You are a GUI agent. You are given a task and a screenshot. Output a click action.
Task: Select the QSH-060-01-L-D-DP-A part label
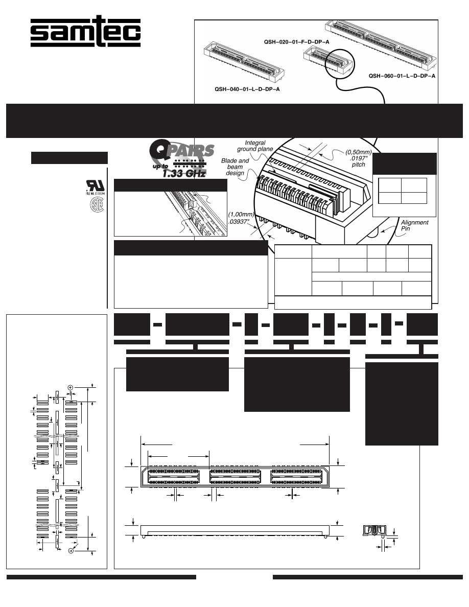pyautogui.click(x=402, y=76)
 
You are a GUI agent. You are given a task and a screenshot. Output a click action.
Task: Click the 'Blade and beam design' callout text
pyautogui.click(x=235, y=167)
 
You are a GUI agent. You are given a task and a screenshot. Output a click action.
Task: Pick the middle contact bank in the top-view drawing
pyautogui.click(x=235, y=477)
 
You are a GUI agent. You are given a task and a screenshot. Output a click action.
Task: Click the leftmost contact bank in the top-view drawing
pyautogui.click(x=174, y=477)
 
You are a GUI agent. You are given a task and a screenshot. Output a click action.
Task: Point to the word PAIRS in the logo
pyautogui.click(x=195, y=152)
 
